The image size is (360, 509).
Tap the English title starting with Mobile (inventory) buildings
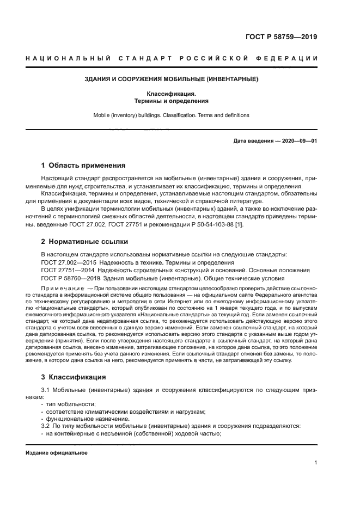coord(171,115)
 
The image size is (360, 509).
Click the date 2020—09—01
coord(298,141)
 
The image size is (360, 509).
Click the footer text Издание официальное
coord(57,453)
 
